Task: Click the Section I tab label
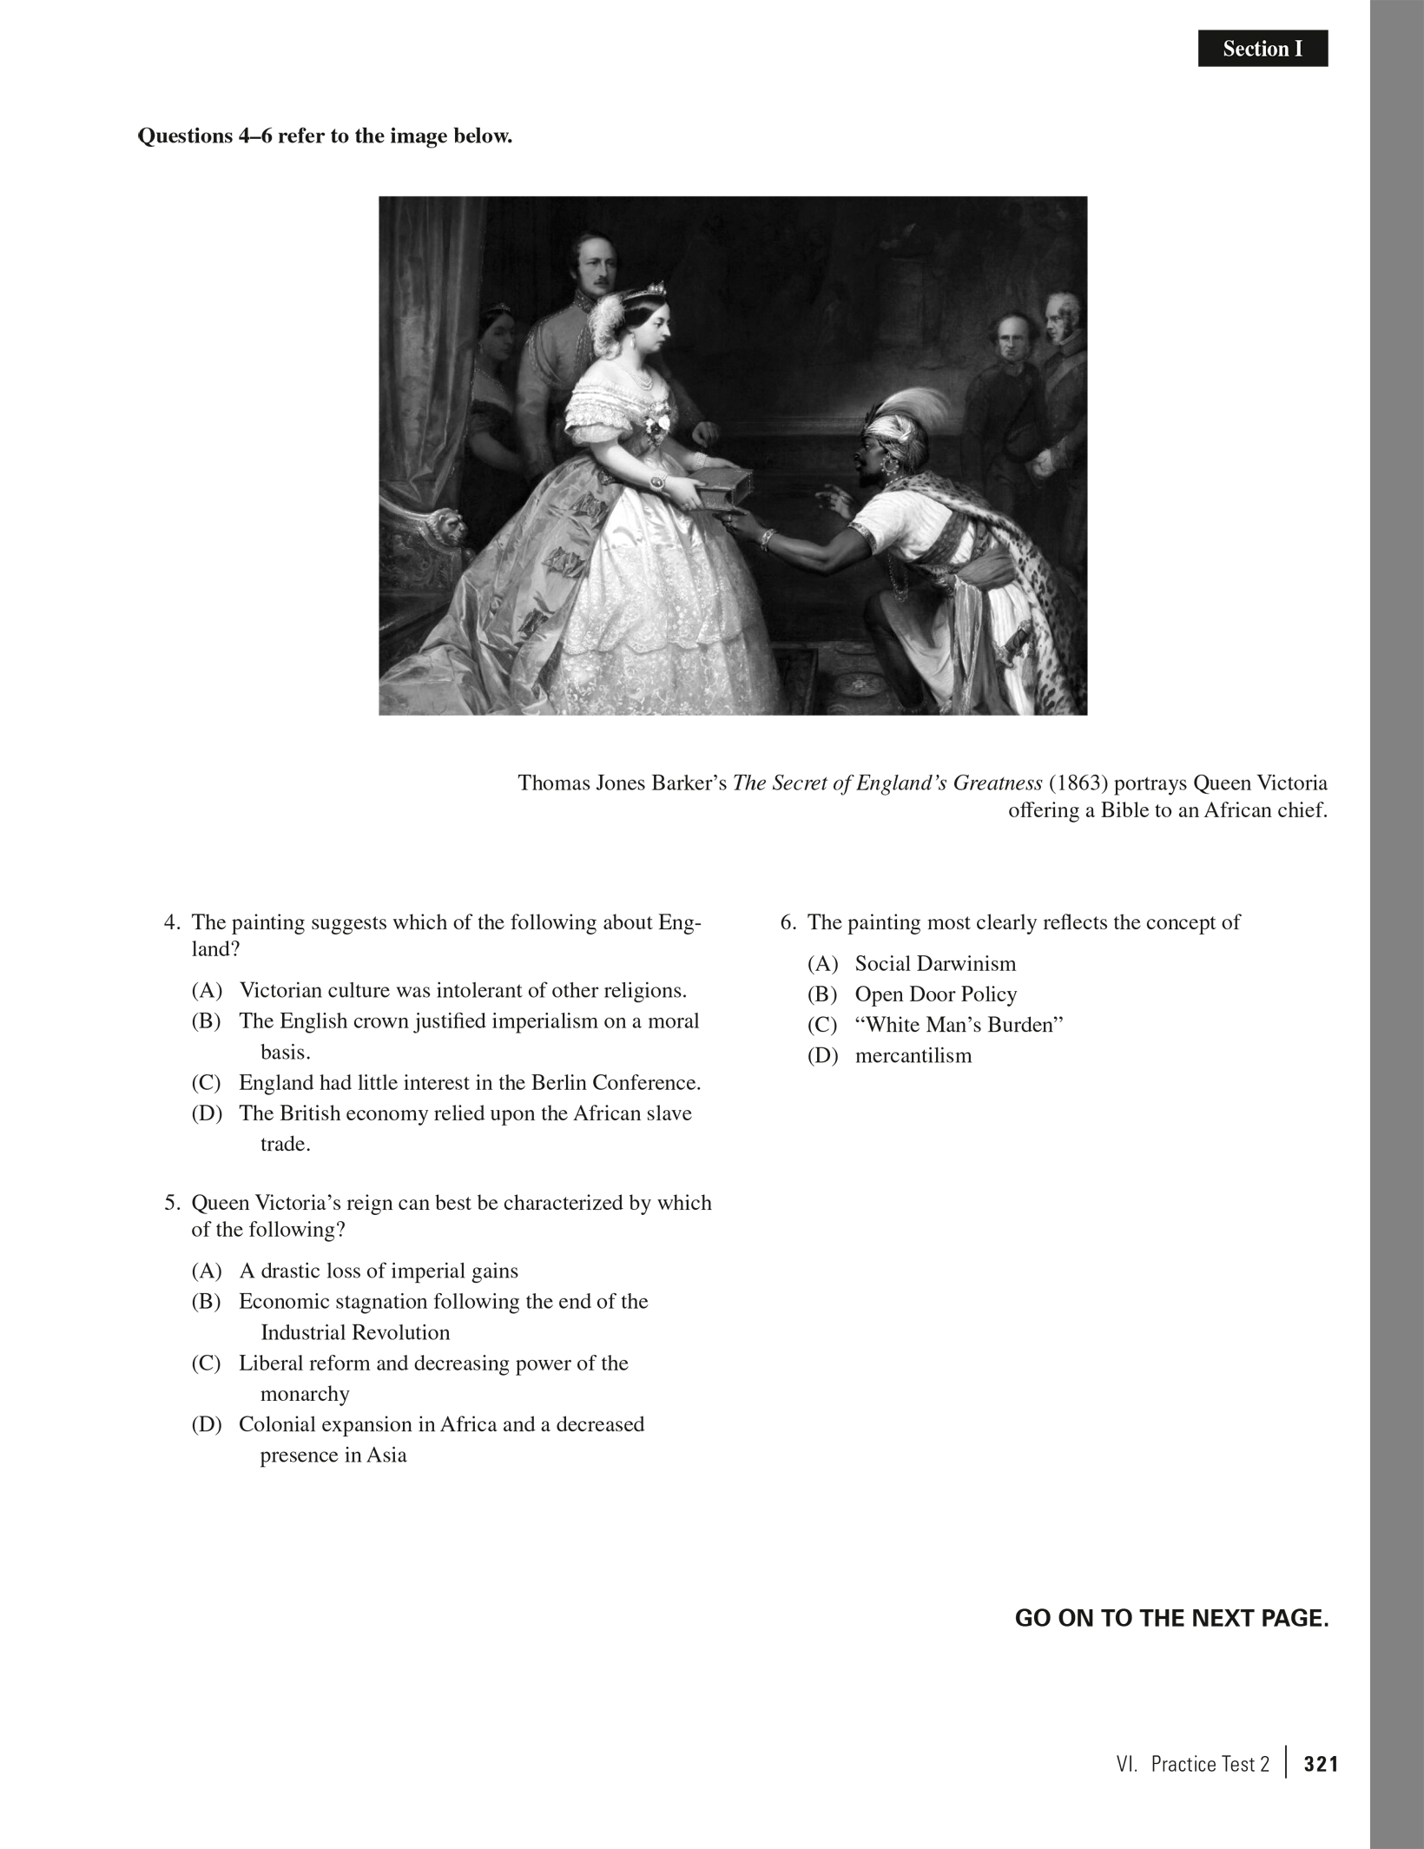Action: point(1262,50)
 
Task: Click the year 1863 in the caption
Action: point(1074,783)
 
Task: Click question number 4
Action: point(172,922)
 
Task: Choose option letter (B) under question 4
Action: point(207,1021)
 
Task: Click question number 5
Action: point(172,1203)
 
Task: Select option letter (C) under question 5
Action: point(207,1364)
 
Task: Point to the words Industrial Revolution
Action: point(355,1332)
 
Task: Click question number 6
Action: point(788,922)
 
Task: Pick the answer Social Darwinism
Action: point(935,964)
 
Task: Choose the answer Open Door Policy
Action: point(935,994)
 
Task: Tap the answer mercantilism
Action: point(913,1056)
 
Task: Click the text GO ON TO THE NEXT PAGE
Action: point(1171,1619)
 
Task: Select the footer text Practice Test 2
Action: point(1210,1764)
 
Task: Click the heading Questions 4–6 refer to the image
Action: point(325,136)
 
